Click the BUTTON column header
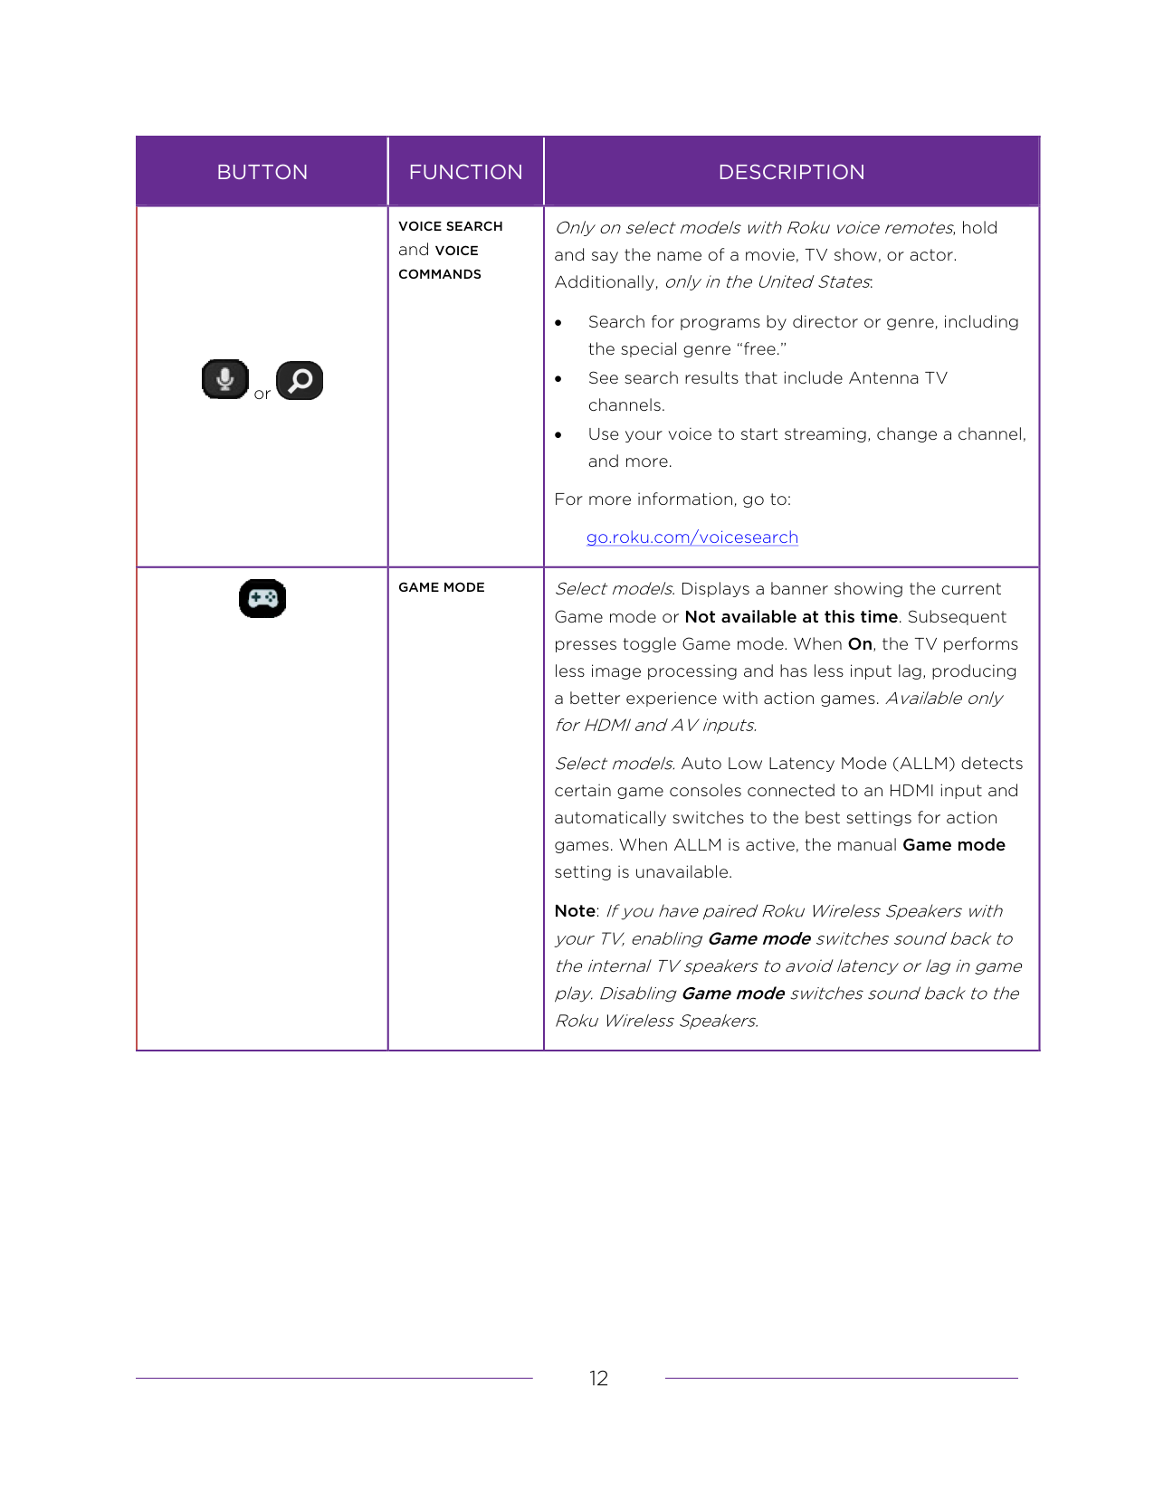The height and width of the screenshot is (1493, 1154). [262, 172]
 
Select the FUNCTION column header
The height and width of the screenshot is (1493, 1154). [465, 172]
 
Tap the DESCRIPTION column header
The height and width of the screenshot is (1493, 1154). [791, 172]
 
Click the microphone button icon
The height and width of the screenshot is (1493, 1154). [224, 379]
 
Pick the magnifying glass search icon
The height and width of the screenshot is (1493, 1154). [300, 380]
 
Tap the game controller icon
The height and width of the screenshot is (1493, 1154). [262, 599]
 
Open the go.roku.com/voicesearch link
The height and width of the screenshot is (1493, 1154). [691, 537]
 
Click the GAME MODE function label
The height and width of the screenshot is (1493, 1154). [442, 587]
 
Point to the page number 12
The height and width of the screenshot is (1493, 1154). [598, 1378]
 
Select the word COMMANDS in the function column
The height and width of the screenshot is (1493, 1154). [440, 274]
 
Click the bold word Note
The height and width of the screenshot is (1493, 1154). [575, 911]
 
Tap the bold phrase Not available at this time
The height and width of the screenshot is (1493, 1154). [791, 617]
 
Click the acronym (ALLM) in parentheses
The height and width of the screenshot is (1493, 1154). [913, 764]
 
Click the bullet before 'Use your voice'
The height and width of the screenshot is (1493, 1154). [558, 435]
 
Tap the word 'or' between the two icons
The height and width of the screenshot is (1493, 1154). [262, 395]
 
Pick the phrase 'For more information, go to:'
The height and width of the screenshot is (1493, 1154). [672, 499]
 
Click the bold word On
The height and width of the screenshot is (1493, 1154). [860, 644]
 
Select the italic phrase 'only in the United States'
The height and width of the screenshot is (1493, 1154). [767, 282]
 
